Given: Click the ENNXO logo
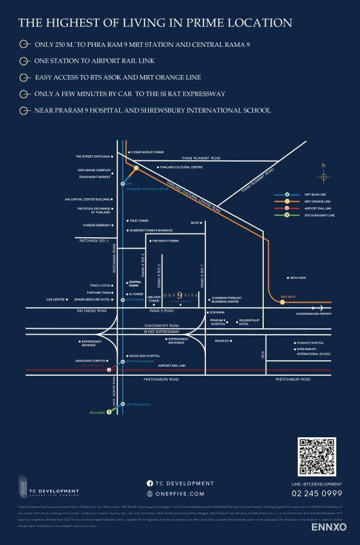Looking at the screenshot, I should (329, 527).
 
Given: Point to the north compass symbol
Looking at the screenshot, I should (323, 176).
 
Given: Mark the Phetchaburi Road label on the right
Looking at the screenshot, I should (293, 380).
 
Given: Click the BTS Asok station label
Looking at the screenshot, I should (96, 412).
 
